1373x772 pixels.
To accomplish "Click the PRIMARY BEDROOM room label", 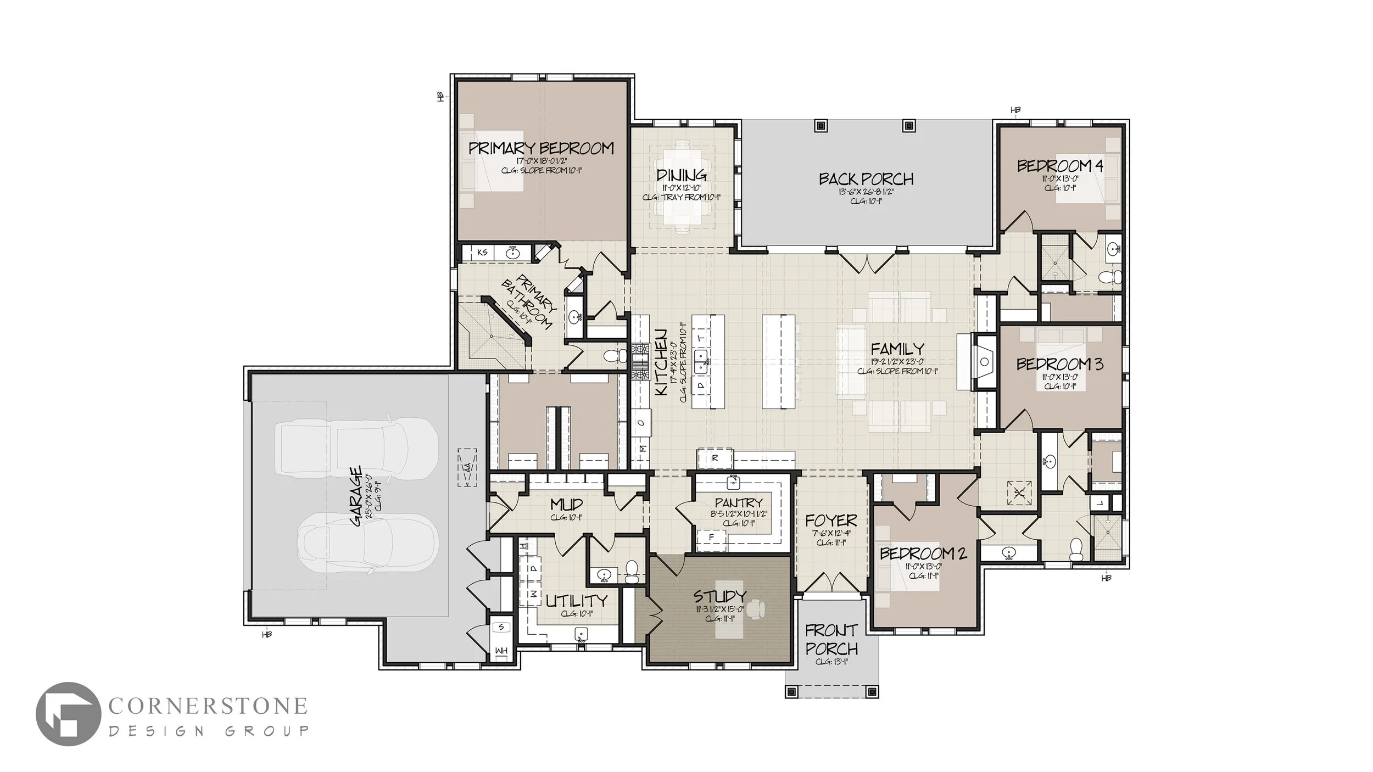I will (541, 148).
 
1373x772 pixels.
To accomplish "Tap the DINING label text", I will (681, 176).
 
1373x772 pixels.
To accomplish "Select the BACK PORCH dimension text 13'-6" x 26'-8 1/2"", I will (866, 192).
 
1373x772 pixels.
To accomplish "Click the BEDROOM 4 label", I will (1060, 166).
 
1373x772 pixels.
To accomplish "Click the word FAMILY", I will (897, 349).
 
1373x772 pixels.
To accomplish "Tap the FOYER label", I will (831, 520).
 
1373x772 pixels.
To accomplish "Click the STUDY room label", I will (719, 596).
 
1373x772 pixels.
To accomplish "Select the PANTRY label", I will (739, 502).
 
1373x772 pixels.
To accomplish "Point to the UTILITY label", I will (577, 601).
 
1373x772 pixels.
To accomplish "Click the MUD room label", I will (566, 504).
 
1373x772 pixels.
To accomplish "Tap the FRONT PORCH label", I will (831, 639).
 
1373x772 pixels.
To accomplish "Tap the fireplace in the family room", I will (984, 362).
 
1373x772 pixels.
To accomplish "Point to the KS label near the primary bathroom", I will (483, 253).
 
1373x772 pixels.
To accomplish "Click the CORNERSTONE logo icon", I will (68, 714).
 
